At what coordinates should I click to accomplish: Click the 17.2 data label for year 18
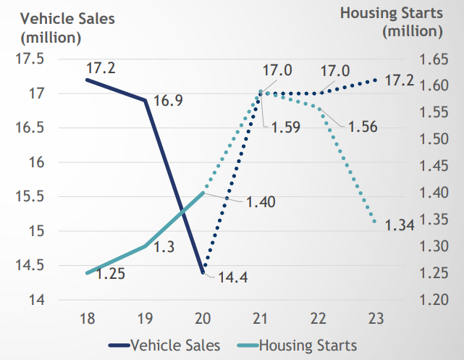[101, 70]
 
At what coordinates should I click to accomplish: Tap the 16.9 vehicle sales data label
[167, 100]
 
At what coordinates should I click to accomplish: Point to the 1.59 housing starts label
[287, 127]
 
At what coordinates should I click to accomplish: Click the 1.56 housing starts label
[362, 127]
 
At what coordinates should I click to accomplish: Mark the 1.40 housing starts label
[261, 202]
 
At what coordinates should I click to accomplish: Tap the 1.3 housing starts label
[165, 246]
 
